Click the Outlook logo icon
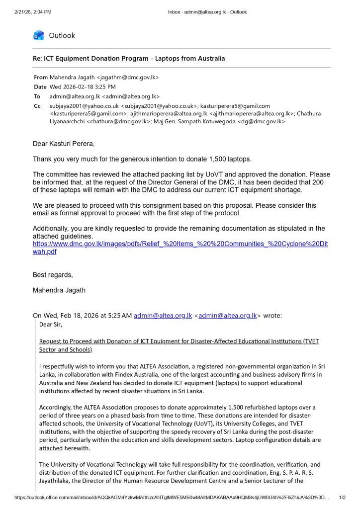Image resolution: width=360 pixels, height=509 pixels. click(x=39, y=35)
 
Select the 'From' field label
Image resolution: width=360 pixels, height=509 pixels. click(x=41, y=77)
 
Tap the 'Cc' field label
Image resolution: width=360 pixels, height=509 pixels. click(x=37, y=106)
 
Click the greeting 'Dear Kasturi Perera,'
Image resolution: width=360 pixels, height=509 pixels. click(x=63, y=144)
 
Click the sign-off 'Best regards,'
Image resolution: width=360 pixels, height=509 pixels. click(x=53, y=275)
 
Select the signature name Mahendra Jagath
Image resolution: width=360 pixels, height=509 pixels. click(x=59, y=290)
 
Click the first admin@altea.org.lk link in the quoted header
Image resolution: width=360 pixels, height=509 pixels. click(x=163, y=315)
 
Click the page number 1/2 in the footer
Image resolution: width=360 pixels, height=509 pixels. click(x=342, y=497)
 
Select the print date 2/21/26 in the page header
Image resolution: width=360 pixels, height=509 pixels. click(x=25, y=12)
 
